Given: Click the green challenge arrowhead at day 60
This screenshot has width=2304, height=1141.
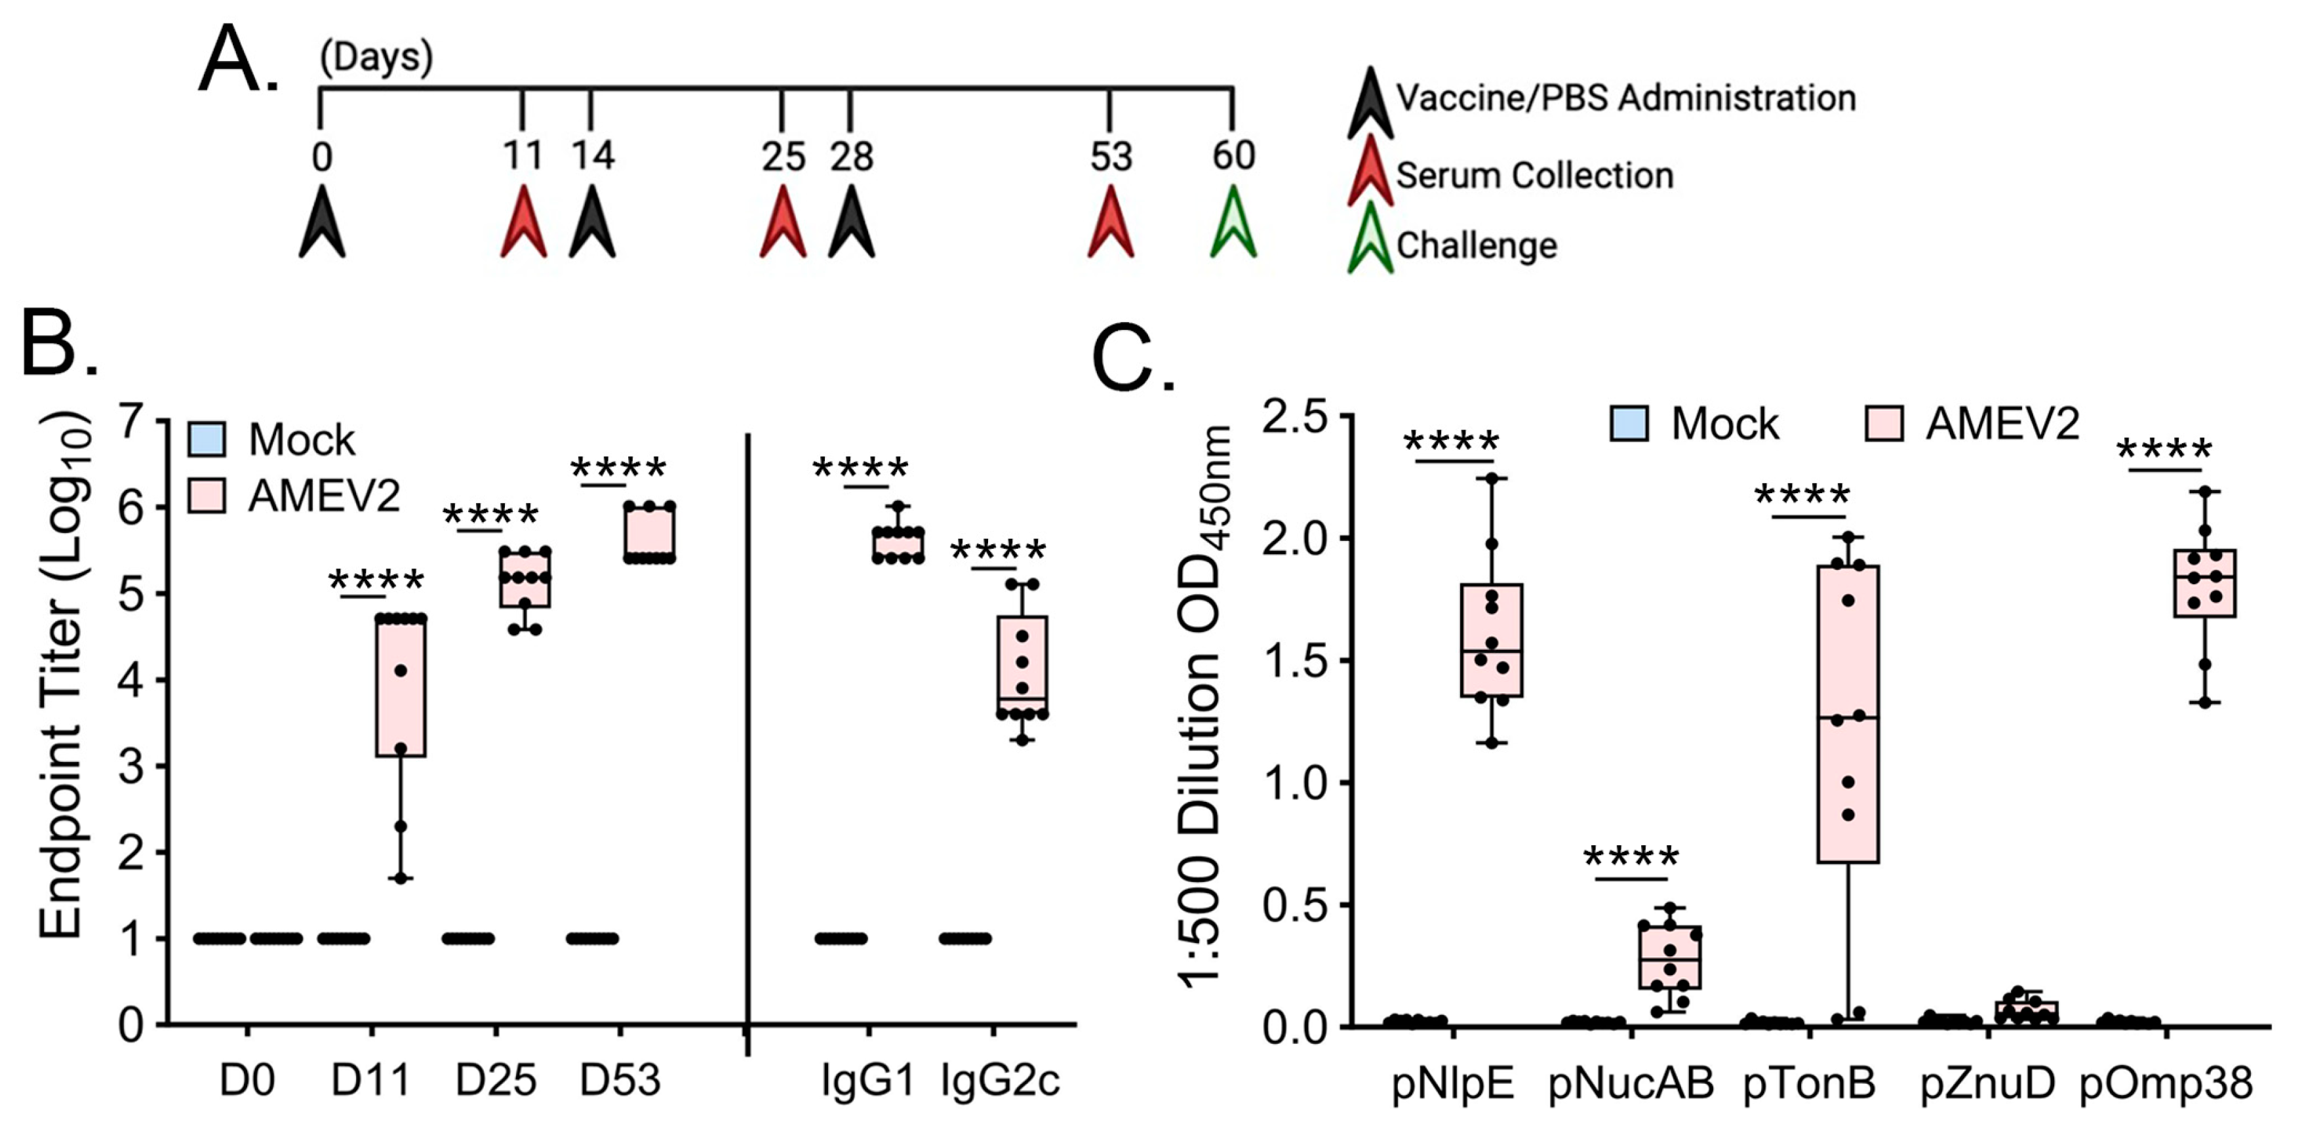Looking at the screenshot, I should [x=1233, y=224].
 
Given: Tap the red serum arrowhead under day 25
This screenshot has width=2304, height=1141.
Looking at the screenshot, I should [x=783, y=224].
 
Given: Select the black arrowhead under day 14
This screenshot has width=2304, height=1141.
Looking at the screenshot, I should [x=592, y=224].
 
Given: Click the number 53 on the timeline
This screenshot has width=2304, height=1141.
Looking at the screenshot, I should [x=1110, y=157].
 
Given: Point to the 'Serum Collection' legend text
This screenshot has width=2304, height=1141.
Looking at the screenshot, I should [x=1534, y=175].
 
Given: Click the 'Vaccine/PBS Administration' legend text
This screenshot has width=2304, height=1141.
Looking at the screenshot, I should [x=1626, y=98].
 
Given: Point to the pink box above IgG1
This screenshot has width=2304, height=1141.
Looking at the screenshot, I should [x=898, y=544].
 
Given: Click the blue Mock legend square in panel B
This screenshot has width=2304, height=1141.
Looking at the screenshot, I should [x=207, y=439].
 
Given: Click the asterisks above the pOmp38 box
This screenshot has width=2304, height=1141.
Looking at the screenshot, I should [x=2164, y=449].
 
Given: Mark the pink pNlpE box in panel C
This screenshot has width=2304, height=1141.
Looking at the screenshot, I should [x=1492, y=640].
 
